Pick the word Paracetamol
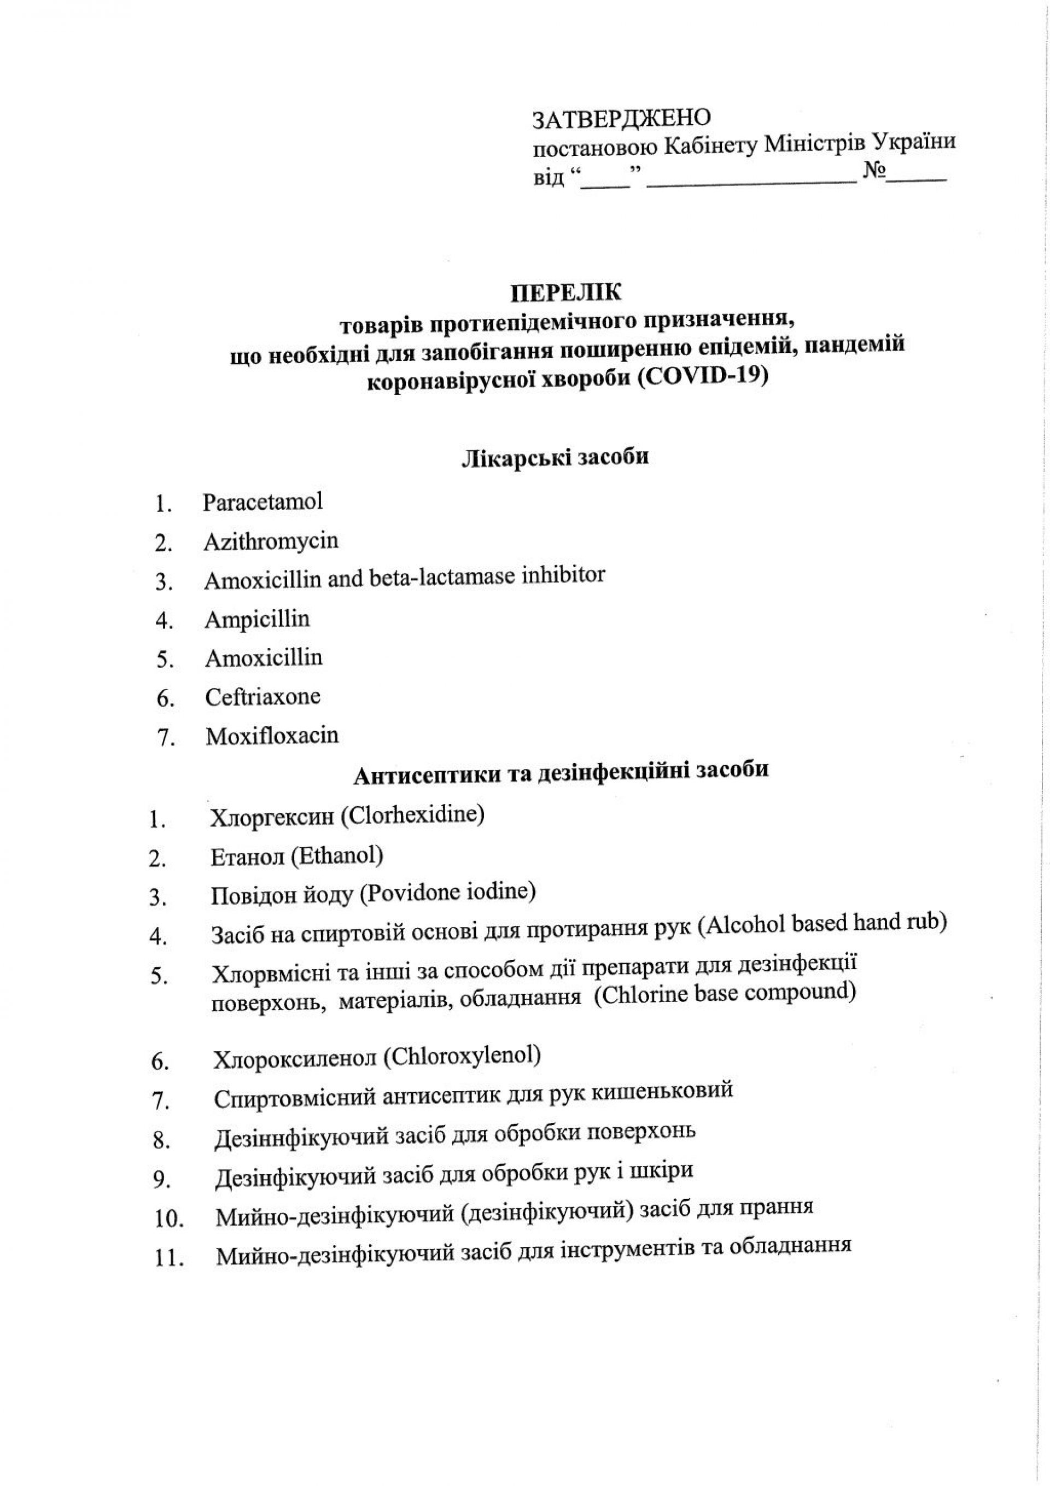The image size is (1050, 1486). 263,502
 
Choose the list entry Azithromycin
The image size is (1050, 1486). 271,541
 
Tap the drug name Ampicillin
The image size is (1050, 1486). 257,619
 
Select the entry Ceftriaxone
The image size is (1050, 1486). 263,697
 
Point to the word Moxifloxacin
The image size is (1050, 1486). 272,736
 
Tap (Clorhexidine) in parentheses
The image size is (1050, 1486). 412,815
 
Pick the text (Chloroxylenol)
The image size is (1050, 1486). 462,1056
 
